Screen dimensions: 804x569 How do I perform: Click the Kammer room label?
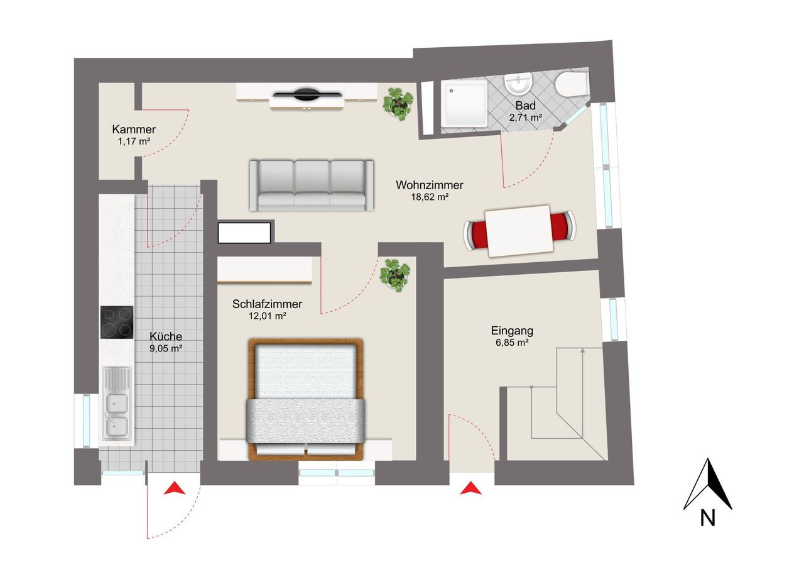(x=134, y=130)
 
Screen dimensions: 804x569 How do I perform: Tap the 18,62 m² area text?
(x=430, y=197)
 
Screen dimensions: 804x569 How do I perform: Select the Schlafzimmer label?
(x=267, y=304)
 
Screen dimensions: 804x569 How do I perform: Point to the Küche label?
(x=166, y=336)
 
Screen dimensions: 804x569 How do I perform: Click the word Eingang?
(x=512, y=331)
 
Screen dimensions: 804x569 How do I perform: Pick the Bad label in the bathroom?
(x=526, y=106)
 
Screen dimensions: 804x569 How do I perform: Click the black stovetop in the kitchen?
(x=117, y=322)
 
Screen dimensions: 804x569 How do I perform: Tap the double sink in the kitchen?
(x=116, y=404)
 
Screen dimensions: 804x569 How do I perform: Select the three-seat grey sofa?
(x=312, y=185)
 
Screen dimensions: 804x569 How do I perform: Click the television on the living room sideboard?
(x=307, y=94)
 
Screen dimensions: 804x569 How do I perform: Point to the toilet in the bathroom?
(x=571, y=84)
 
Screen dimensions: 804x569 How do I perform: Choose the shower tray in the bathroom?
(x=464, y=104)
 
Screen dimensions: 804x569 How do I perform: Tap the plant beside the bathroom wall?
(x=398, y=104)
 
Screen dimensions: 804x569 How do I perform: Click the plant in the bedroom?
(x=395, y=275)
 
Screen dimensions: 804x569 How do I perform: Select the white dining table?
(x=519, y=231)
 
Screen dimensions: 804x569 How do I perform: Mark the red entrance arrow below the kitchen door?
(x=175, y=488)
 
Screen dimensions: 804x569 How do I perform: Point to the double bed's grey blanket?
(x=306, y=421)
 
